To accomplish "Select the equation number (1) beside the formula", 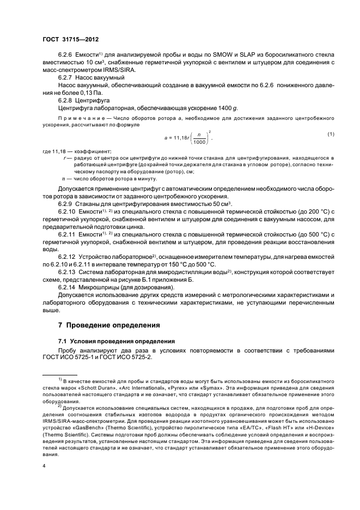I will tap(330, 149).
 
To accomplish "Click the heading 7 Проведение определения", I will tap(109, 325).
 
